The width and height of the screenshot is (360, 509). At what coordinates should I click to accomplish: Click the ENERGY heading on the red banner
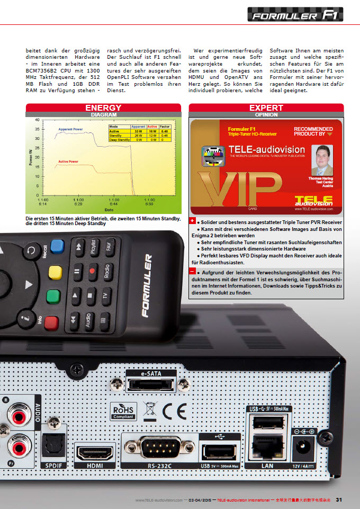click(104, 108)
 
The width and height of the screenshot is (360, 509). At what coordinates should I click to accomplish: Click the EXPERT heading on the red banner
click(266, 108)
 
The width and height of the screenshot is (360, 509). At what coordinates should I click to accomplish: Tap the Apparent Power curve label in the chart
click(70, 129)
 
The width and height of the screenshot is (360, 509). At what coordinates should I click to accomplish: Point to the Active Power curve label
click(68, 161)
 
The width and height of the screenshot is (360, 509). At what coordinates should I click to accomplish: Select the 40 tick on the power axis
click(37, 120)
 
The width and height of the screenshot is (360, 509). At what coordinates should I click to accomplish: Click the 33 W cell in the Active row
click(138, 131)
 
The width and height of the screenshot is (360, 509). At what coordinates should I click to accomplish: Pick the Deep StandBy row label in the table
click(119, 139)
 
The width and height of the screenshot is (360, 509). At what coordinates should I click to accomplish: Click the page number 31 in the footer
click(339, 499)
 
